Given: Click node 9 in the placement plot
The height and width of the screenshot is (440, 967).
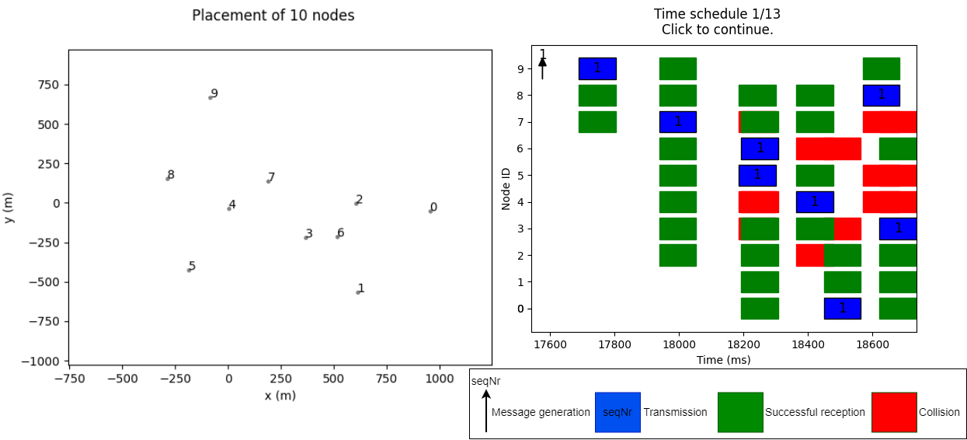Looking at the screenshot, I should [210, 97].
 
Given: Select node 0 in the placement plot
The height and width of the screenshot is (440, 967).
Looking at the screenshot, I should [430, 211].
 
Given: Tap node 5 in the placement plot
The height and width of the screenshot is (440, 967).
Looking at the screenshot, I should [189, 270].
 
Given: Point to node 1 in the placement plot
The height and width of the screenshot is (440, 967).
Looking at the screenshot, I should [358, 292].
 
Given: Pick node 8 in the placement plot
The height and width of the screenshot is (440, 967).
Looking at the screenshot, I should [168, 178].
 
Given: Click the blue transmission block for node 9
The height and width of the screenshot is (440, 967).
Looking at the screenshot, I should [597, 68].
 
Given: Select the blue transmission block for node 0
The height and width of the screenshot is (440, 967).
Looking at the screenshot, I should [842, 309].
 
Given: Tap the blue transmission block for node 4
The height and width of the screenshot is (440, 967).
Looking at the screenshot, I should [815, 202].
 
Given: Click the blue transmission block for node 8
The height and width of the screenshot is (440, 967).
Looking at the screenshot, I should [881, 96].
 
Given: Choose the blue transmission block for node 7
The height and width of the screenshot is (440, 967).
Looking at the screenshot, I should [678, 122].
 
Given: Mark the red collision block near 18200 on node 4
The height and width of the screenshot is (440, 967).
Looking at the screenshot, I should [758, 202].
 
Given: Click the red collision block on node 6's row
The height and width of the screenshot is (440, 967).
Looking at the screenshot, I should [828, 148].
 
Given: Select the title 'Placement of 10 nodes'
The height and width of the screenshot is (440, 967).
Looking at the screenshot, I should [273, 16].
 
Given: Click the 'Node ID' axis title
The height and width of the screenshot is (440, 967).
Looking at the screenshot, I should [506, 186].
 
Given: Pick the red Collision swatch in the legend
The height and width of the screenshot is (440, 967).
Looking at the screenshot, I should [894, 412].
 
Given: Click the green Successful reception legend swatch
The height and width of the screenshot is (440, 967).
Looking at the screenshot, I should [740, 412].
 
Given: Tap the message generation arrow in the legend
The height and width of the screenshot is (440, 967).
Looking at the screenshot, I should [486, 411].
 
